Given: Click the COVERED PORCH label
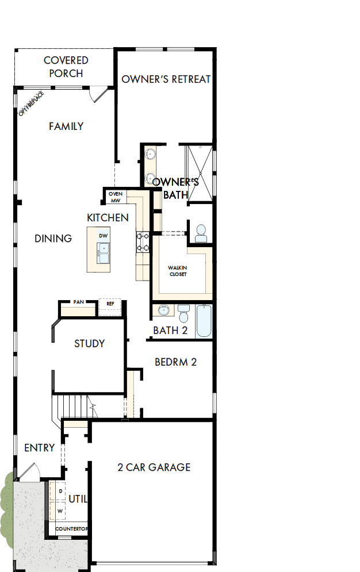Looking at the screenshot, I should (x=66, y=67).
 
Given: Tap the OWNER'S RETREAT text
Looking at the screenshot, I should (x=166, y=79).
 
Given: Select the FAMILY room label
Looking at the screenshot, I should (x=66, y=126).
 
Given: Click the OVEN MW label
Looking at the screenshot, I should (x=116, y=197).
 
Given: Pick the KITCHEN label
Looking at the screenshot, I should (x=108, y=218).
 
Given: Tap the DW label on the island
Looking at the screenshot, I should (x=104, y=236).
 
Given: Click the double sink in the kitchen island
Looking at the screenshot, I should (x=104, y=253).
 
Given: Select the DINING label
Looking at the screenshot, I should (x=53, y=239).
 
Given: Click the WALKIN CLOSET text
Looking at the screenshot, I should (x=177, y=271).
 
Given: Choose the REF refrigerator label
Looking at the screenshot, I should (x=110, y=303).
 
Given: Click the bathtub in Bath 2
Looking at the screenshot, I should (x=204, y=321).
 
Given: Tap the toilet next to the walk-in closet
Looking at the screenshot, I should (x=201, y=233).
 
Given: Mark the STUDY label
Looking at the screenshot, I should (x=90, y=344).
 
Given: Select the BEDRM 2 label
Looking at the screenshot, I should (x=176, y=362).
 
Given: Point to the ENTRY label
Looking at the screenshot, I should (x=40, y=448).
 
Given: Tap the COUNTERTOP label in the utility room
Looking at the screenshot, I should (x=71, y=529).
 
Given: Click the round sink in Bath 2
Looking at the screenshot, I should (x=164, y=310).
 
